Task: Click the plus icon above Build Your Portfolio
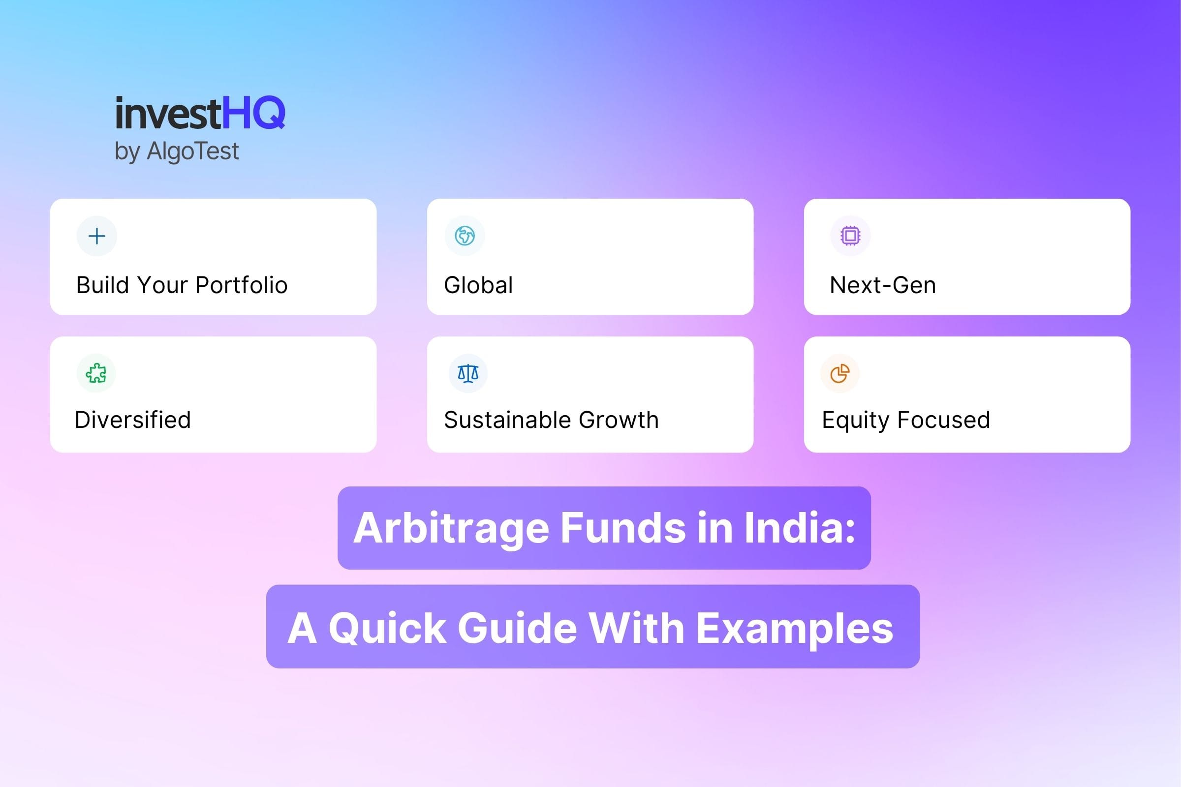point(96,236)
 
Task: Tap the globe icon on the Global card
point(465,236)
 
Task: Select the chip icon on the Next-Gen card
point(850,236)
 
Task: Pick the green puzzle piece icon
point(96,373)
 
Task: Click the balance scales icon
point(468,373)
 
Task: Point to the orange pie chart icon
point(839,373)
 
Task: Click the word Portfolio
point(241,285)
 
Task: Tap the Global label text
point(478,285)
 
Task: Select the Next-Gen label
point(883,285)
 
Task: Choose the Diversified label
point(132,420)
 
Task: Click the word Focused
point(943,420)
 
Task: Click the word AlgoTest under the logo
point(192,151)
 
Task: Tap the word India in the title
point(798,528)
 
